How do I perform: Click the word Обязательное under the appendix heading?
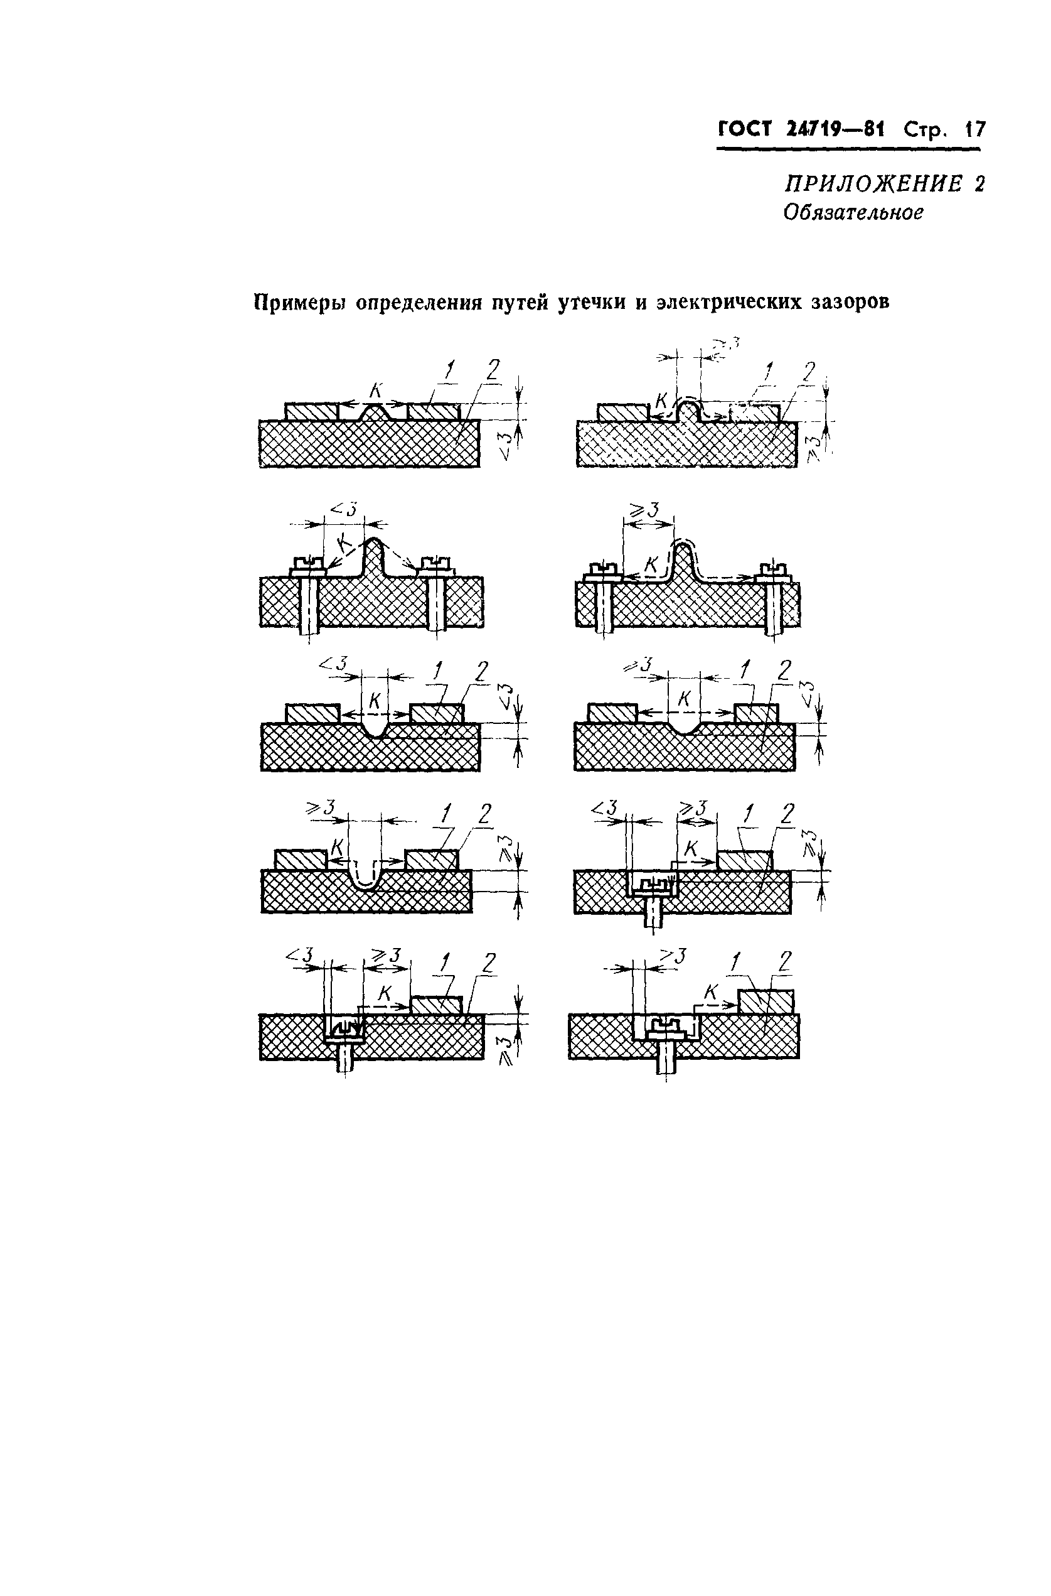(853, 213)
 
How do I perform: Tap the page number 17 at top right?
(974, 129)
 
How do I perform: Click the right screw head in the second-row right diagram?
(774, 570)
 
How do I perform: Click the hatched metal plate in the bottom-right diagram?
(766, 1001)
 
